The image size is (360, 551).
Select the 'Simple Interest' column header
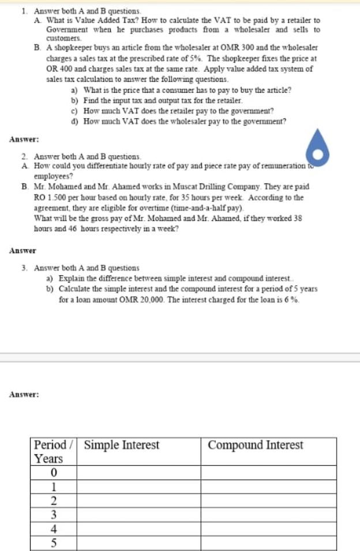122,445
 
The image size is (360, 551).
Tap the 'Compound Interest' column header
255,445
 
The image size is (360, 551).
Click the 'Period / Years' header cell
54,452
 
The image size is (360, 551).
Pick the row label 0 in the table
54,473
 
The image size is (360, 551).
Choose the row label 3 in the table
54,514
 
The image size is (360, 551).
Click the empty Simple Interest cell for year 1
138,487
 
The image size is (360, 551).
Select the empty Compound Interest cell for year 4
268,528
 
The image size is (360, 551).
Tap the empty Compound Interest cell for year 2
268,500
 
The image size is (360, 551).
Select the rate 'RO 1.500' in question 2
50,197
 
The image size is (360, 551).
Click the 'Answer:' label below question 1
24,140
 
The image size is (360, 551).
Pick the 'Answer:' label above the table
24,395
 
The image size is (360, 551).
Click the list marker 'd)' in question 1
74,121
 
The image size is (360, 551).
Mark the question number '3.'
25,268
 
